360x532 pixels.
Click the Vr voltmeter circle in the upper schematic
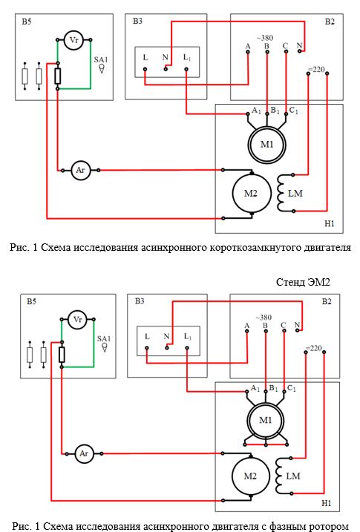pos(74,40)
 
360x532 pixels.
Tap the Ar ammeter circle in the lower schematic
pos(84,453)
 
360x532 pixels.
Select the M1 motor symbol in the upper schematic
pos(266,145)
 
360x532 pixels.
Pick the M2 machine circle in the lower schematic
pos(250,476)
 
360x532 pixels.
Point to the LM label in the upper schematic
pos(295,194)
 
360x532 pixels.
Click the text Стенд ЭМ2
pos(303,282)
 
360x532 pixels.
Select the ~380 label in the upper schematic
pos(265,38)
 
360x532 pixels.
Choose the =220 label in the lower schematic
pos(313,348)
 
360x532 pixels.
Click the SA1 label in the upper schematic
pos(101,59)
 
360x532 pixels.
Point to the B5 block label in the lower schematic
pos(31,301)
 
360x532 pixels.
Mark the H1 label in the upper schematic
pos(330,223)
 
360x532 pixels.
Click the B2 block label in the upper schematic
pos(330,22)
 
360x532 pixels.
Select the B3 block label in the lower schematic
pos(140,301)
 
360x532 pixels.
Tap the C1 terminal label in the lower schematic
pos(292,388)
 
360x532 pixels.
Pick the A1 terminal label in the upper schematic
pos(256,111)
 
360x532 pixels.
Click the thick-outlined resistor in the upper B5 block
pos(58,76)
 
